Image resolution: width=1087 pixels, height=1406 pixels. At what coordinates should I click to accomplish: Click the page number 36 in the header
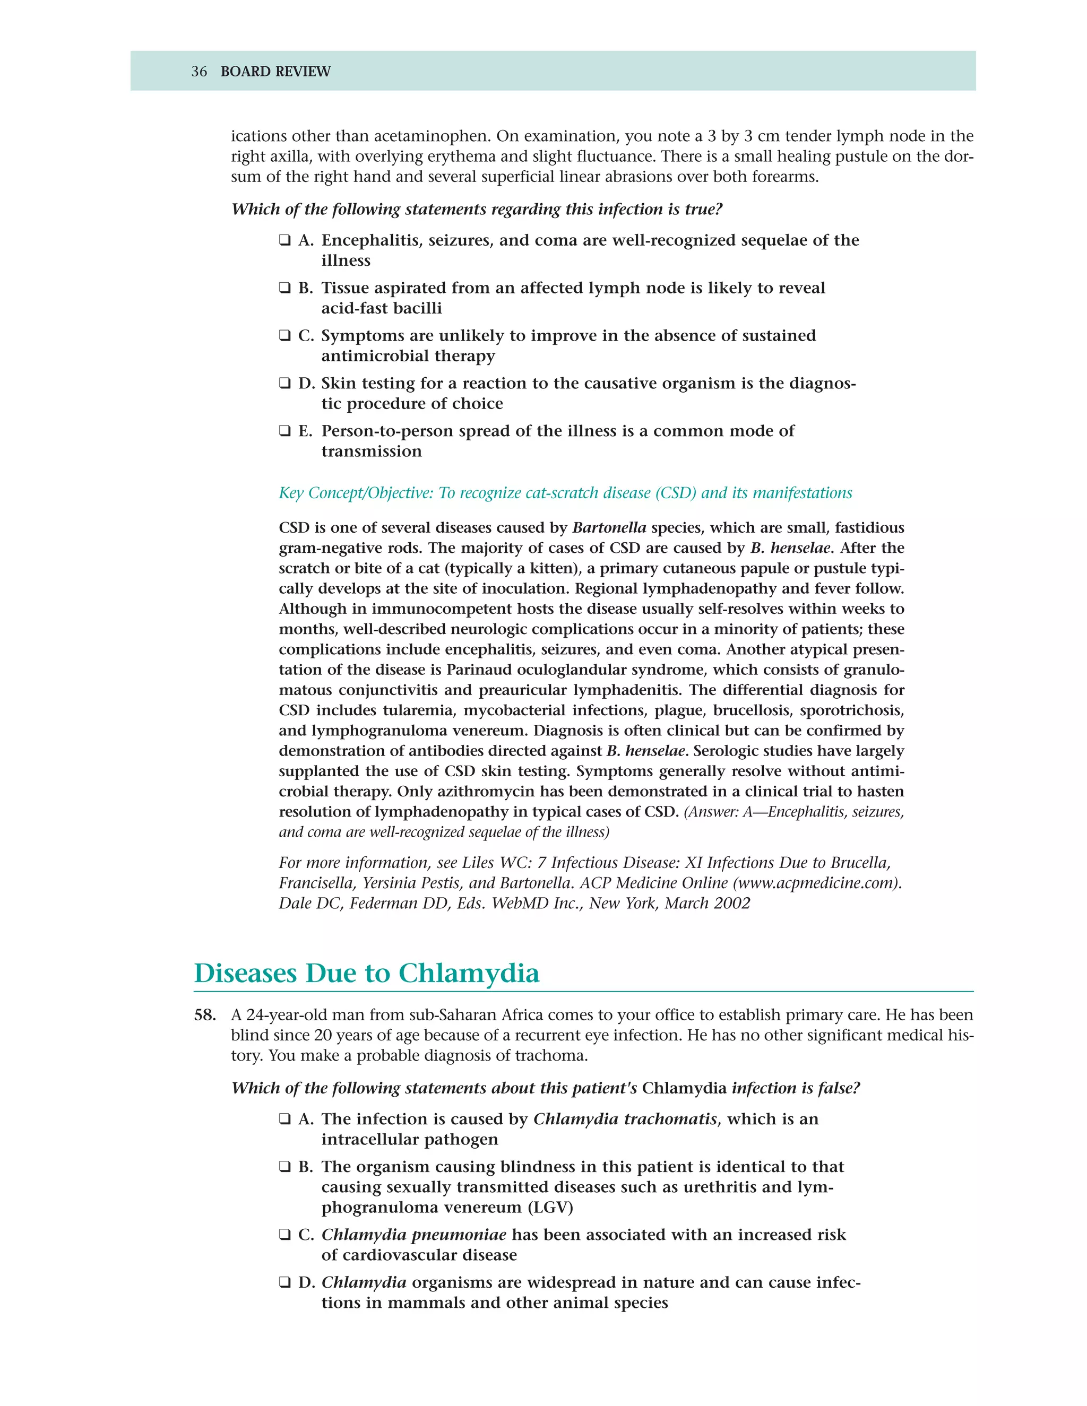(199, 72)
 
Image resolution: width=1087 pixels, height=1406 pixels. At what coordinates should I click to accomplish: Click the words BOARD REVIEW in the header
(275, 72)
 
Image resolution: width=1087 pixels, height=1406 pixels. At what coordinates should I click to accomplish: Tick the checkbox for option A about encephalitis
(284, 241)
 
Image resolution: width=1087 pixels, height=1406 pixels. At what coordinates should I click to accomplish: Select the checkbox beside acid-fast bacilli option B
(284, 289)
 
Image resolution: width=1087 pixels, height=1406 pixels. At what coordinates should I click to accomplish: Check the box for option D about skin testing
(284, 384)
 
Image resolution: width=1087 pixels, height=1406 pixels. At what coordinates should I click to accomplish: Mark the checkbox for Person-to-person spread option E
(284, 431)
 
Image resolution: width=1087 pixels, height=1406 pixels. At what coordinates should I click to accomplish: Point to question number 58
(205, 1015)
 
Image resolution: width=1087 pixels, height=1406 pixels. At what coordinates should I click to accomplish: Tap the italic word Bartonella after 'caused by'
(609, 528)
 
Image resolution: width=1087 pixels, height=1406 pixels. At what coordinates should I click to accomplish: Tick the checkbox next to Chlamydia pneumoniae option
(284, 1235)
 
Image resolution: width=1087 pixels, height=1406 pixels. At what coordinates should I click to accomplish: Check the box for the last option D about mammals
(284, 1283)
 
